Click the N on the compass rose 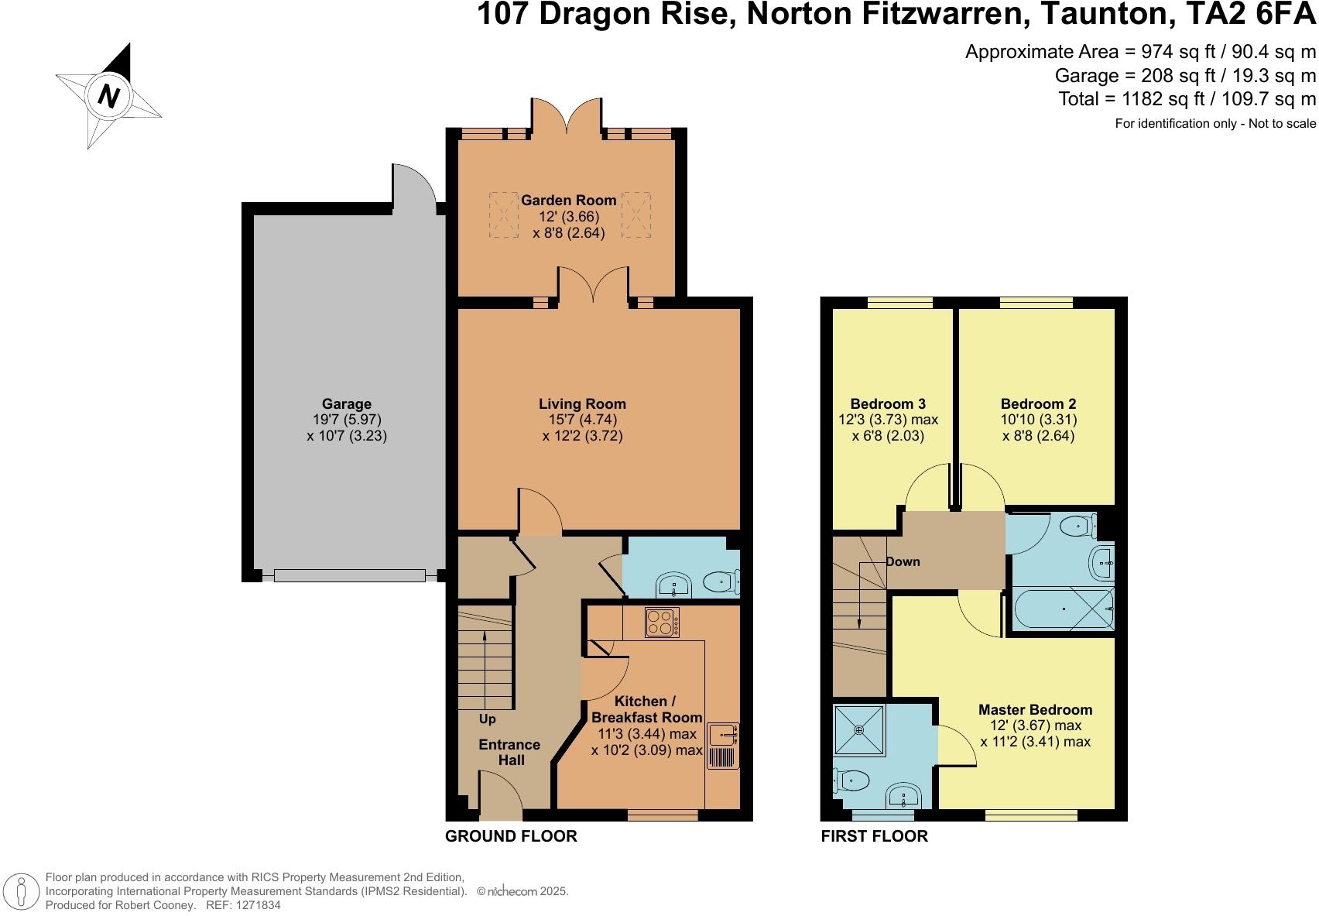coord(109,96)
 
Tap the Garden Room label coord(568,201)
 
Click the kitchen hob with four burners coord(663,622)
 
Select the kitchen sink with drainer coord(723,746)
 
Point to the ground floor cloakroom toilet coord(723,580)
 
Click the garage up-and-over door coord(349,575)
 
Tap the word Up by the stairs coord(488,719)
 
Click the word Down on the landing coord(903,561)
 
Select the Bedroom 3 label coord(888,403)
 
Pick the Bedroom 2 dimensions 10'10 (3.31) coord(1038,420)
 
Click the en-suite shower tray coord(858,729)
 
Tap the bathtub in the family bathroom coord(1061,610)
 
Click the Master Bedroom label coord(1035,709)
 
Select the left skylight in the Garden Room coord(503,214)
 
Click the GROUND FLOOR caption coord(511,836)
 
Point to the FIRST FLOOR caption coord(874,836)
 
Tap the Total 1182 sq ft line coord(1187,99)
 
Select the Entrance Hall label coord(509,752)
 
